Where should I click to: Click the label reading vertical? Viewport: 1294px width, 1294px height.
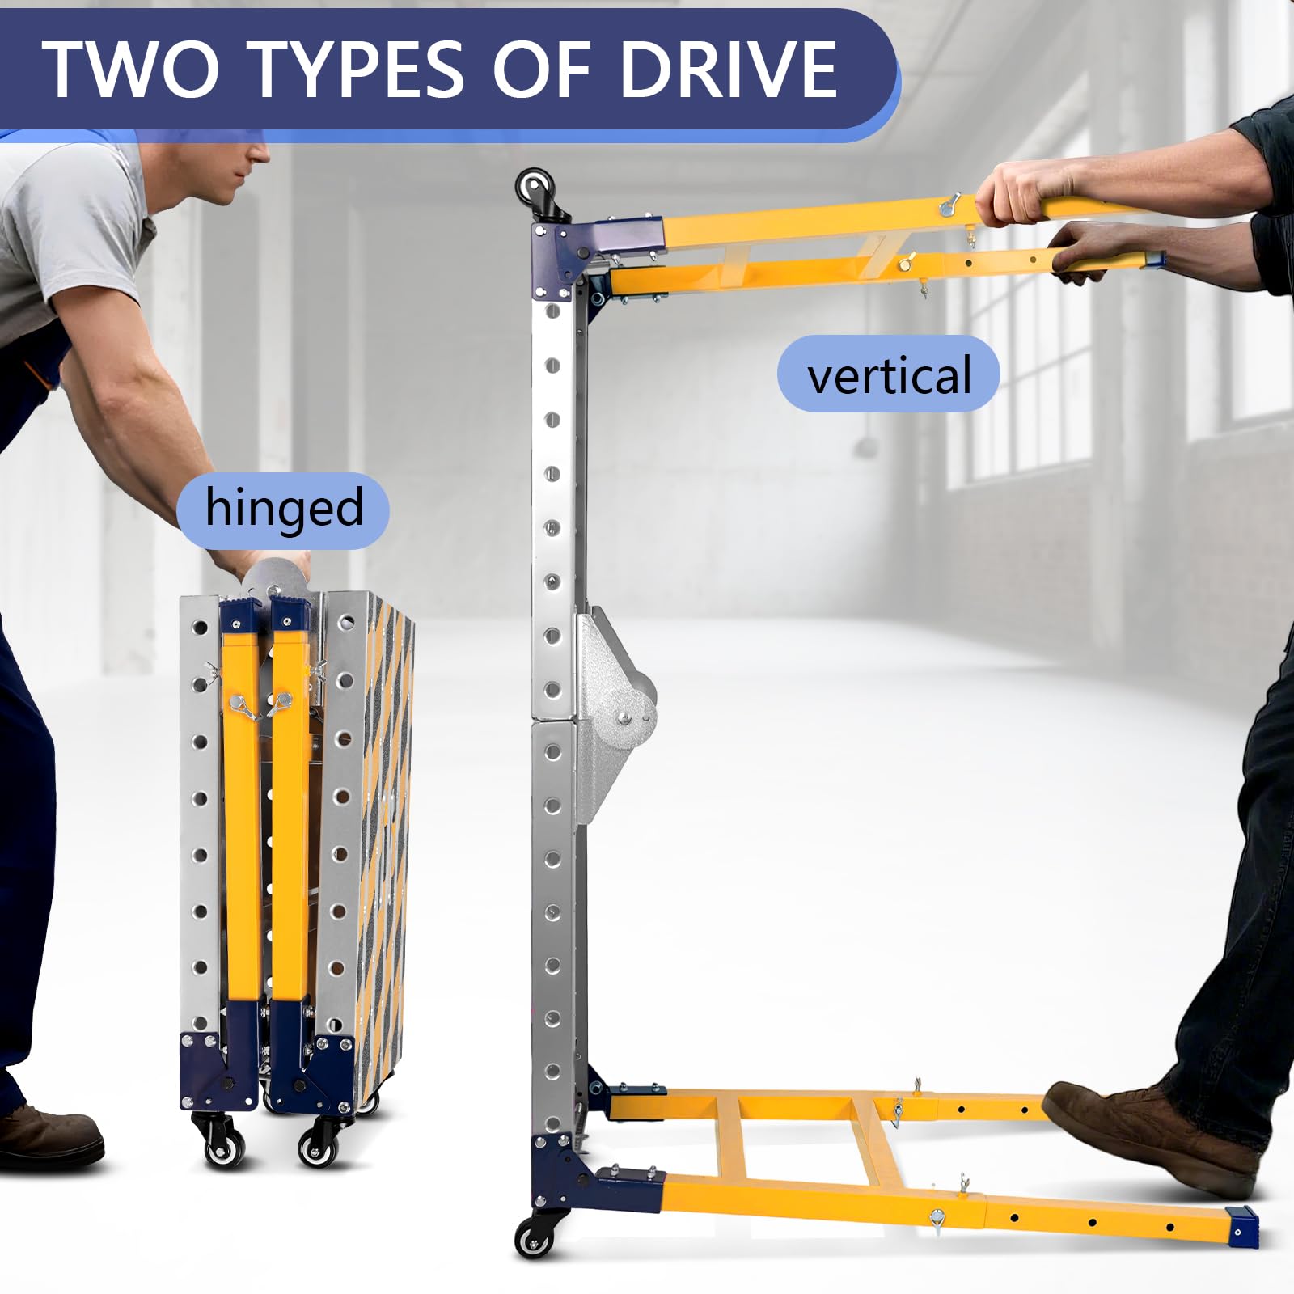click(x=889, y=375)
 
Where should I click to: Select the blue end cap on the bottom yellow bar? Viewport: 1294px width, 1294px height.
click(x=1243, y=1226)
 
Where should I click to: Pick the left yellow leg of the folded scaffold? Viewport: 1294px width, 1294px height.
click(x=240, y=817)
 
